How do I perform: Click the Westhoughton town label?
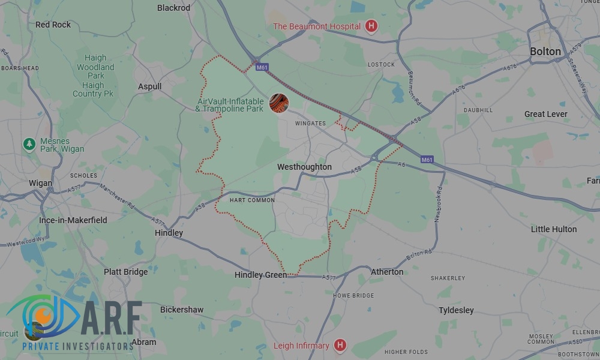click(305, 167)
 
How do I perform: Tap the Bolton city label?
click(545, 52)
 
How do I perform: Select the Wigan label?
click(40, 183)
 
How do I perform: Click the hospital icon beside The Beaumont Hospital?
click(371, 26)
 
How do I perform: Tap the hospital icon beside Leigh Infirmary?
click(340, 345)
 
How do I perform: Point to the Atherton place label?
click(387, 272)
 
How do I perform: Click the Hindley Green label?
click(260, 275)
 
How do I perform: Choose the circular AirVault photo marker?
click(278, 103)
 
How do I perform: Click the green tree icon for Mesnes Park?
click(28, 144)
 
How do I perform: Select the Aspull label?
click(150, 86)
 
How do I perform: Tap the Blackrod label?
click(173, 8)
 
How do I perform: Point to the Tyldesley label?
click(456, 310)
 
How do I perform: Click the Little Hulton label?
click(553, 229)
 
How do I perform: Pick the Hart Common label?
click(252, 200)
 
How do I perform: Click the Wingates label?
click(310, 124)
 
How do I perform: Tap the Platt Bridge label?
click(125, 272)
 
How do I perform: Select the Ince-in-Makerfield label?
click(73, 220)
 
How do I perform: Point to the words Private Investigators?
click(77, 346)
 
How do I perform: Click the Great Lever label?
click(545, 114)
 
